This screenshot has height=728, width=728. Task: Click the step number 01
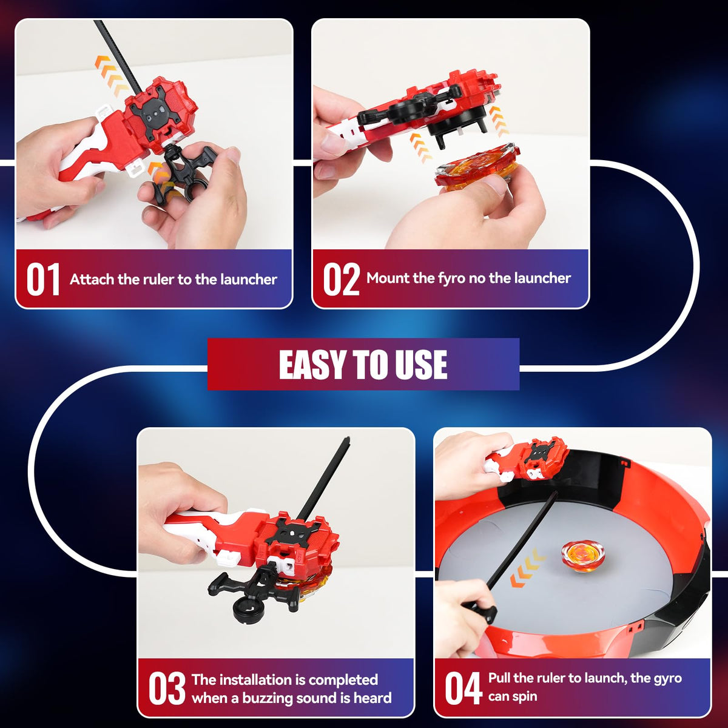42,279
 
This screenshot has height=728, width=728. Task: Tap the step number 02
341,279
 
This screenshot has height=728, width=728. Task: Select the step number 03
167,689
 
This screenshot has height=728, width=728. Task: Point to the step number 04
463,689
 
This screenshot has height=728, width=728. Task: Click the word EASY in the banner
312,364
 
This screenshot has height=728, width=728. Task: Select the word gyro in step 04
667,679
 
